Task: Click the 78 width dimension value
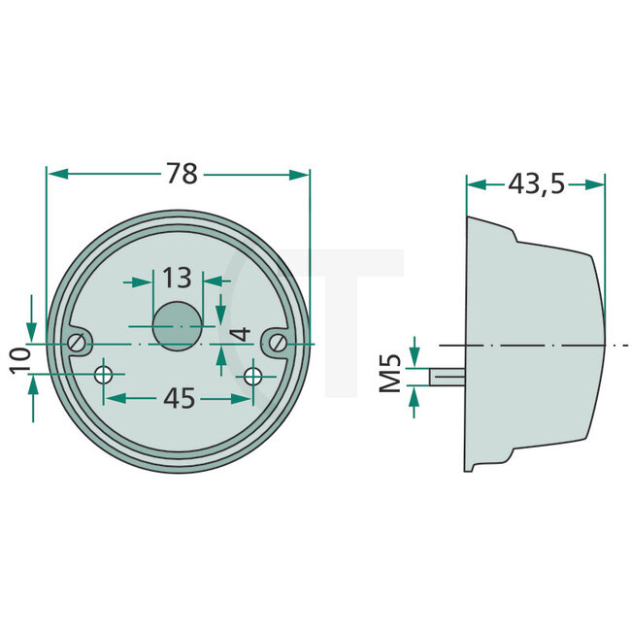click(182, 174)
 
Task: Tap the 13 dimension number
click(177, 279)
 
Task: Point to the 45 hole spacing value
click(180, 398)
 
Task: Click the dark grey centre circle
click(177, 325)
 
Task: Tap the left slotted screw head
click(77, 343)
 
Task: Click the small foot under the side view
click(472, 467)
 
